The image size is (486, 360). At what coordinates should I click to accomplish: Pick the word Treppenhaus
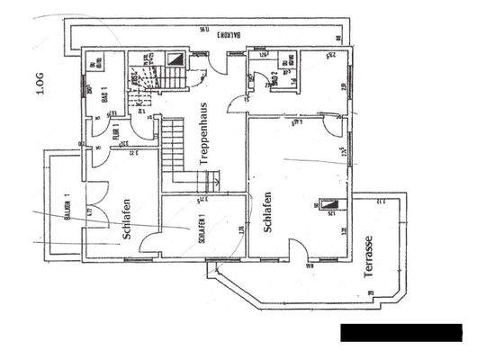[x=203, y=136]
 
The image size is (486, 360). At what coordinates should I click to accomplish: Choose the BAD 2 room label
[x=274, y=78]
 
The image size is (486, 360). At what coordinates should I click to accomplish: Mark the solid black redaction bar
[x=400, y=332]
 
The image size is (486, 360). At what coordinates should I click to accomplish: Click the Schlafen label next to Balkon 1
[x=126, y=221]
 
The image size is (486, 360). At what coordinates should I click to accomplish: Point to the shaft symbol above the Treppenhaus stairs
[x=177, y=59]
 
